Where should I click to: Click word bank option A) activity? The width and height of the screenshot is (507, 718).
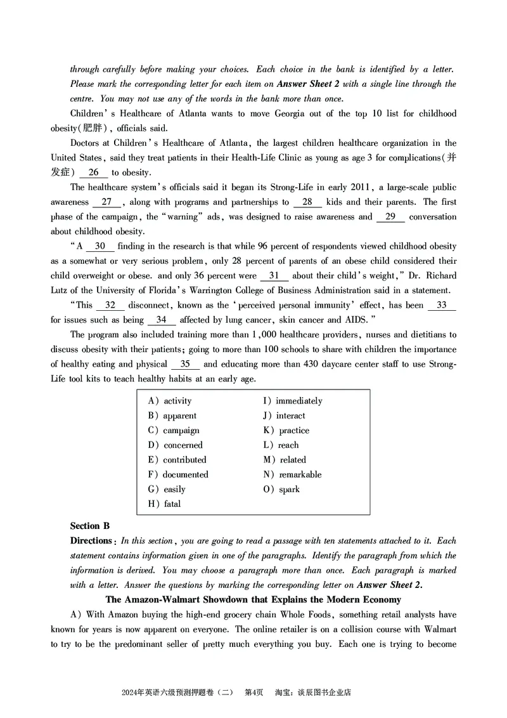[169, 401]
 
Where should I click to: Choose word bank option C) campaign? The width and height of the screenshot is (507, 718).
[173, 431]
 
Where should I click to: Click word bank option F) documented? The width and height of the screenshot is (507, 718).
[177, 474]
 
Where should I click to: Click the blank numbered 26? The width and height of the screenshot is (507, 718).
[94, 173]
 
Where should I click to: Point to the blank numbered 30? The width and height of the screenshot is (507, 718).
[100, 246]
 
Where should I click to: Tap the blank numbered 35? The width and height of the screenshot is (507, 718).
[186, 364]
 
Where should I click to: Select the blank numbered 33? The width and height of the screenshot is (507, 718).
[442, 305]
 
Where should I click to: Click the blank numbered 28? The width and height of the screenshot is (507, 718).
[307, 202]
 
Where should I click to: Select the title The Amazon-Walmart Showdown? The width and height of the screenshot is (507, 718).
[253, 599]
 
